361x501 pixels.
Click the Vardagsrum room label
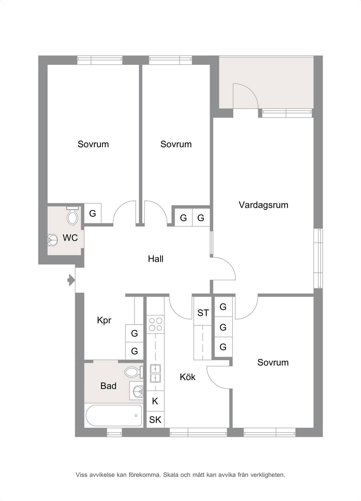pos(263,205)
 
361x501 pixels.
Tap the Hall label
pos(155,259)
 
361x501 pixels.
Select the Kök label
pos(188,377)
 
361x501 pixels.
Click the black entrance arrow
pos(71,280)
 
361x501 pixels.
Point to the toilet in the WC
pos(73,216)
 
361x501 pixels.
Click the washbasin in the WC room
pos(53,240)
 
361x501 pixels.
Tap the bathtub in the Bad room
pos(114,415)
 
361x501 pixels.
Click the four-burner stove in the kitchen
pos(155,324)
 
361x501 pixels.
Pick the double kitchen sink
pos(155,373)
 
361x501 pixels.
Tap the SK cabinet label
pos(155,420)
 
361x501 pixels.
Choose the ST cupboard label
pos(203,313)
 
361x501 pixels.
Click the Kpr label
pos(104,320)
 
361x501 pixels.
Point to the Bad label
pos(108,386)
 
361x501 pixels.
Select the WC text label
pos(70,238)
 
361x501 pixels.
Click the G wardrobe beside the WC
pos(93,213)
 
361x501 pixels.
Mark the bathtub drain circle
pos(136,416)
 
